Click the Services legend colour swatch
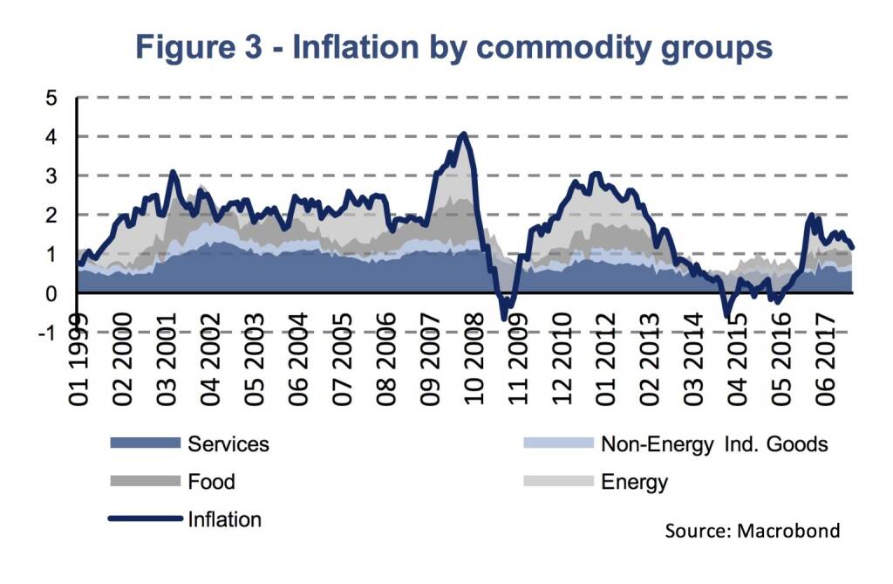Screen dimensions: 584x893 [144, 443]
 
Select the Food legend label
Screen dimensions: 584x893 [211, 482]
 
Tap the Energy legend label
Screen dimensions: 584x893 [634, 482]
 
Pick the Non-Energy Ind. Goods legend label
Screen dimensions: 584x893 [713, 443]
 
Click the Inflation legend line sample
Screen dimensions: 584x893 [144, 519]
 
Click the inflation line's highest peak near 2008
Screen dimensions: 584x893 [463, 134]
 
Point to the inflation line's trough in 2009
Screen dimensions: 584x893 [505, 318]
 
